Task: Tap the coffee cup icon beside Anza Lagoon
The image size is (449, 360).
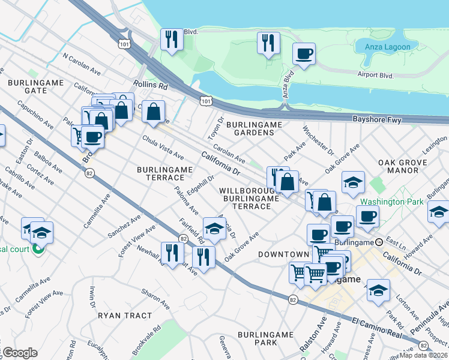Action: tap(304, 54)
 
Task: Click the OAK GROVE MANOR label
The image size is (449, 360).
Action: tap(402, 166)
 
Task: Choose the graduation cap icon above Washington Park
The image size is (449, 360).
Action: tap(354, 182)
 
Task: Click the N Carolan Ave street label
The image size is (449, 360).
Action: tap(81, 64)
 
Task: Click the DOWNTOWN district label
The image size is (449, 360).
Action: tap(283, 254)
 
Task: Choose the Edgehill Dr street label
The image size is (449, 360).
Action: tap(200, 185)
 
